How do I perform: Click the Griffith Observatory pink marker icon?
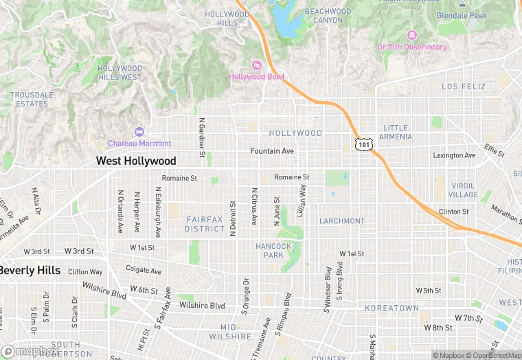coord(411,35)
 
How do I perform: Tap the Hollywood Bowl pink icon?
coord(256,65)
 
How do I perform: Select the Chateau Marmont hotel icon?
coord(140,131)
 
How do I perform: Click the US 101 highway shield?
coord(363,144)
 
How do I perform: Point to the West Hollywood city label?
coord(136,161)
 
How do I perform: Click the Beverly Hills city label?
coord(30,271)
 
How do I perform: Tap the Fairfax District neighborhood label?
coord(205,223)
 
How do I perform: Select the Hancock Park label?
coord(273,250)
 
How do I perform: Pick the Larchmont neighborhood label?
coord(342,221)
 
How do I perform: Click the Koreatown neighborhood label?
coord(391,308)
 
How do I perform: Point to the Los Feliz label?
coord(464,87)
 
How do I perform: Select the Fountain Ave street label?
coord(272,151)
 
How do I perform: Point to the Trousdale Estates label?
coord(32,99)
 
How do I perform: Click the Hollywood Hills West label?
coord(120,73)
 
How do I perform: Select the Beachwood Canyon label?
coord(328,16)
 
